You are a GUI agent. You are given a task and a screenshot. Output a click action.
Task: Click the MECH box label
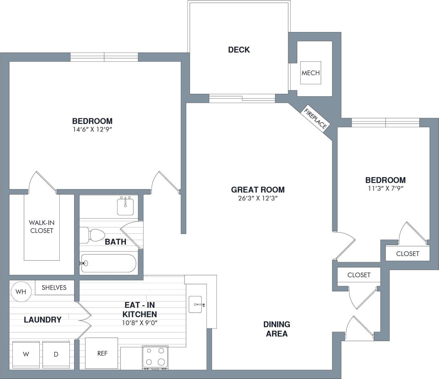pos(311,73)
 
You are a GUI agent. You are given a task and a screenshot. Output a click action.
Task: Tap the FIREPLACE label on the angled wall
pos(316,119)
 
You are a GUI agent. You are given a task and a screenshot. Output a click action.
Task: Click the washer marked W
pos(26,354)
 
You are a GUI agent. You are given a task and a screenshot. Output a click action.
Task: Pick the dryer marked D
pos(56,354)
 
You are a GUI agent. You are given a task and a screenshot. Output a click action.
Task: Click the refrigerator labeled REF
pos(101,353)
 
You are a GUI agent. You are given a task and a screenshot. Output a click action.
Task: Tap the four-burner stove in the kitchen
pos(155,356)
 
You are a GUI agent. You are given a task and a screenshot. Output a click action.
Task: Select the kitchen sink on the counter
pos(197,305)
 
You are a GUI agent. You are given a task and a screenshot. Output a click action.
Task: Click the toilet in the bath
pos(93,235)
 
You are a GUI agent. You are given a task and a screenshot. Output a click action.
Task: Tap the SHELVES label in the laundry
pos(54,288)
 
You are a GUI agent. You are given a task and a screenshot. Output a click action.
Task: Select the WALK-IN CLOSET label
pos(41,227)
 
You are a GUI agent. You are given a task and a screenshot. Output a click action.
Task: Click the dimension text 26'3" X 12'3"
pos(258,198)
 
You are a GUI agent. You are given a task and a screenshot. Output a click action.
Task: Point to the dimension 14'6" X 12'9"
pos(92,130)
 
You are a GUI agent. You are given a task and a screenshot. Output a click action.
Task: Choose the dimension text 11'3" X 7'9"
pos(385,188)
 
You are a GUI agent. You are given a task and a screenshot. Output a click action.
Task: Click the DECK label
pos(239,50)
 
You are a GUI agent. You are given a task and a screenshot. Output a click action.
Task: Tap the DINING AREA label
pos(277,329)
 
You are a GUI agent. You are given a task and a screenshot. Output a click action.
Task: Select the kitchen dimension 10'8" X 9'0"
pos(140,322)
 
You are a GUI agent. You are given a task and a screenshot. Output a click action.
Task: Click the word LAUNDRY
pos(42,320)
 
